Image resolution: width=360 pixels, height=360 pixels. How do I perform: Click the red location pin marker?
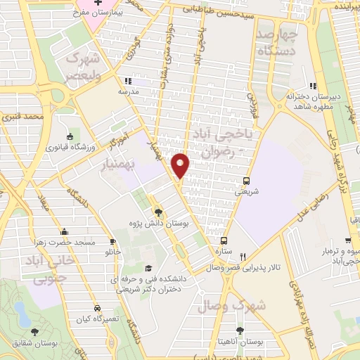click(181, 165)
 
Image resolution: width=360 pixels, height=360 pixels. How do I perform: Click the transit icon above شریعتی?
click(245, 181)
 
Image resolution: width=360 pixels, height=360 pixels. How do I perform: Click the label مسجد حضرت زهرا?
click(65, 242)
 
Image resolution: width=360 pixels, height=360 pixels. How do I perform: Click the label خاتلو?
click(113, 250)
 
